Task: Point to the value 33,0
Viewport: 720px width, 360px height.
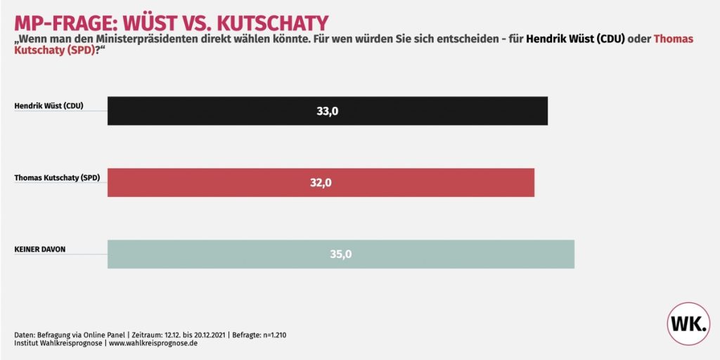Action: (328, 111)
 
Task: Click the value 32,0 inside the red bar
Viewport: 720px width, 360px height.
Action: (321, 183)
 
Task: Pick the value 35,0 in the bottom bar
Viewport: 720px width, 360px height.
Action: (341, 255)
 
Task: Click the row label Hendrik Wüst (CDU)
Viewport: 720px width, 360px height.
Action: (49, 106)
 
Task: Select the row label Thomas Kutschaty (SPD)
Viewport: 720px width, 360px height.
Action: (58, 178)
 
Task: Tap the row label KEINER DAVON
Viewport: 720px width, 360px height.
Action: (39, 249)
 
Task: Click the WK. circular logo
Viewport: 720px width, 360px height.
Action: (688, 324)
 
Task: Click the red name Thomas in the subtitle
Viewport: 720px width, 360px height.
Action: (673, 39)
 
